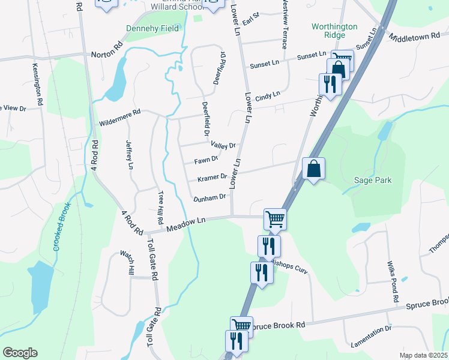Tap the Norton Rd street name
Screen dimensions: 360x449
[x=107, y=54]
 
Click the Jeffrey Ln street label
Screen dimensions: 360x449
[x=129, y=154]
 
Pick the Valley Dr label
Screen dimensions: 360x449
[x=223, y=145]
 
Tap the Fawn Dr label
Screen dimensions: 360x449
[x=205, y=160]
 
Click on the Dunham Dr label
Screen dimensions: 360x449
[x=209, y=197]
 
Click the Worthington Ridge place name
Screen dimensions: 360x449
[x=334, y=31]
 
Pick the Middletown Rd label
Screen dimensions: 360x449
[x=418, y=37]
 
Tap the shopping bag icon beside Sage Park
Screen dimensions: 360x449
[x=313, y=169]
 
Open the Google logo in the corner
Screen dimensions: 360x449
[x=20, y=353]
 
